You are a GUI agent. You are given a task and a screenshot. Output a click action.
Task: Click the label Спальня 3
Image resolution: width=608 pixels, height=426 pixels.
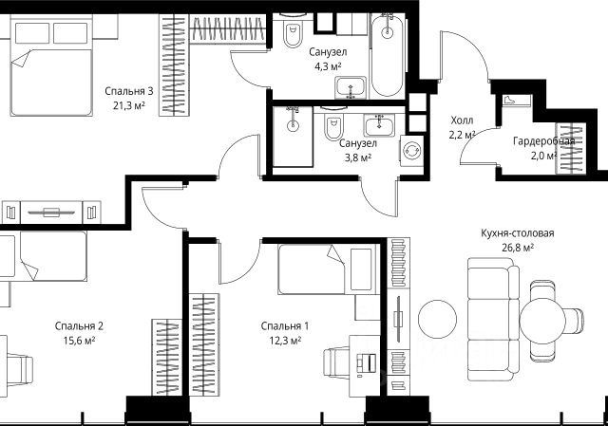click(x=129, y=91)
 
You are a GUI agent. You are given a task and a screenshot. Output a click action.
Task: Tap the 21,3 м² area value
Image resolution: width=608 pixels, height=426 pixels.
click(x=129, y=105)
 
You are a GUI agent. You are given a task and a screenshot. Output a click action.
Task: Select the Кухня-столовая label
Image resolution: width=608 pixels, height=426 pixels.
click(x=517, y=233)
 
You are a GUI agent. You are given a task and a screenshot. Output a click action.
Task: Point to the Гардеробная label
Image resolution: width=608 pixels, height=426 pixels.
click(x=543, y=141)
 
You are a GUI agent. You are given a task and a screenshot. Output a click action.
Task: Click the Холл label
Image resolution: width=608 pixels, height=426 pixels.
click(x=462, y=120)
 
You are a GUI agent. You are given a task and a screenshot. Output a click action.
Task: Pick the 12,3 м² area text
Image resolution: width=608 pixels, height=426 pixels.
click(x=285, y=341)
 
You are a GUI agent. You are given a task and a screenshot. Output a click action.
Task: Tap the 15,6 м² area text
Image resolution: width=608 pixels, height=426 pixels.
click(x=79, y=341)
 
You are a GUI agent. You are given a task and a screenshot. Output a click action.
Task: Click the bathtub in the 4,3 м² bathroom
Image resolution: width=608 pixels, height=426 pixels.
click(x=387, y=55)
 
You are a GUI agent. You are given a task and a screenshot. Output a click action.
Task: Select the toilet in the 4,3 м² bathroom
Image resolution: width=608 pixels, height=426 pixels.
click(x=293, y=31)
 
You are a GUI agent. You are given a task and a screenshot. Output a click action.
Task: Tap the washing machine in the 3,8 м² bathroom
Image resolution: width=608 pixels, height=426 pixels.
click(x=411, y=150)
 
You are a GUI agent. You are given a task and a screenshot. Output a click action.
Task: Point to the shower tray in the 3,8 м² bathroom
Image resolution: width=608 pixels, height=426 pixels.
click(x=293, y=137)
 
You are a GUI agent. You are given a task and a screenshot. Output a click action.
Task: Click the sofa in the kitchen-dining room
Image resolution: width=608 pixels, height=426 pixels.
click(x=492, y=320)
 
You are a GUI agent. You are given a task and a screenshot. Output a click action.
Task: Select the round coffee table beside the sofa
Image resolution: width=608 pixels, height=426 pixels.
click(x=437, y=320)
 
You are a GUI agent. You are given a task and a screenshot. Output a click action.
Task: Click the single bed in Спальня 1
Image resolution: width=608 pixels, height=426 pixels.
click(x=329, y=269)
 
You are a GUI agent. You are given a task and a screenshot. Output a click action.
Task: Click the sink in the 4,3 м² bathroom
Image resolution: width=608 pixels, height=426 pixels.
click(x=351, y=87)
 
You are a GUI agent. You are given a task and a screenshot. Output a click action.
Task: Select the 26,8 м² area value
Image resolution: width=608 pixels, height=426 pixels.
click(x=517, y=247)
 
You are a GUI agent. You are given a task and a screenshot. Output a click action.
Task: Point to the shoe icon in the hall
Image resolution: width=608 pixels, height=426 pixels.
click(x=508, y=100)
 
